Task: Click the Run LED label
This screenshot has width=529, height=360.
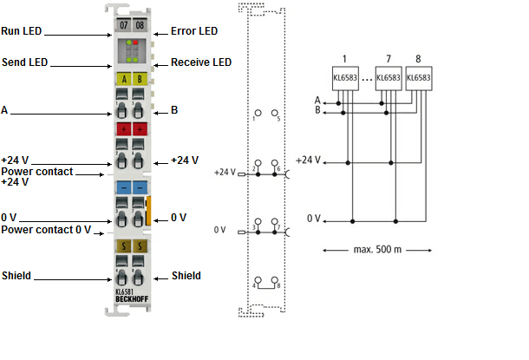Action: coord(22,31)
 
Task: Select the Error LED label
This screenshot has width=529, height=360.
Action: coord(194,31)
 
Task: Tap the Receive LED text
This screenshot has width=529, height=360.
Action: coord(201,62)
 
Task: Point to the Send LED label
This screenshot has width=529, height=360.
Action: coord(24,62)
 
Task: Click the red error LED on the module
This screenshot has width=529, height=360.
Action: coord(135,43)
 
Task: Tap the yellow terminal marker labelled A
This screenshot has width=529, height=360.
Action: coord(124,79)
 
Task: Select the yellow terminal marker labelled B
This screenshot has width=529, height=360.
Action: coord(140,79)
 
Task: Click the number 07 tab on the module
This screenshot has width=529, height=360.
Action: coord(123,25)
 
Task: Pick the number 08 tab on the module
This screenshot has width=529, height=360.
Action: coord(140,25)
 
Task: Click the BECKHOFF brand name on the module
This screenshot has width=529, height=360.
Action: coord(132,299)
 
